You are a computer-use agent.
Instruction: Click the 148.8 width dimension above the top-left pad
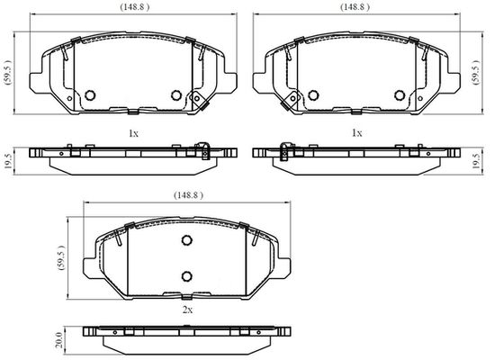(134, 7)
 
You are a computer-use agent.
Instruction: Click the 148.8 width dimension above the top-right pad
(355, 7)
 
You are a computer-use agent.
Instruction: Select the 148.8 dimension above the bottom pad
(188, 195)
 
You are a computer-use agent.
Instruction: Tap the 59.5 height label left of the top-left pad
(7, 73)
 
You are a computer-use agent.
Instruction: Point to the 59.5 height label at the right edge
(476, 72)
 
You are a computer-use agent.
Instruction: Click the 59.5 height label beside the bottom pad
(60, 257)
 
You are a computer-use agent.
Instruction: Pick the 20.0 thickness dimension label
(58, 339)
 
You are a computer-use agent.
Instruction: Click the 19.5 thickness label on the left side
(8, 161)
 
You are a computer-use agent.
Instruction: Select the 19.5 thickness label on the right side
(476, 161)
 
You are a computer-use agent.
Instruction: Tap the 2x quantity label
(187, 310)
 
